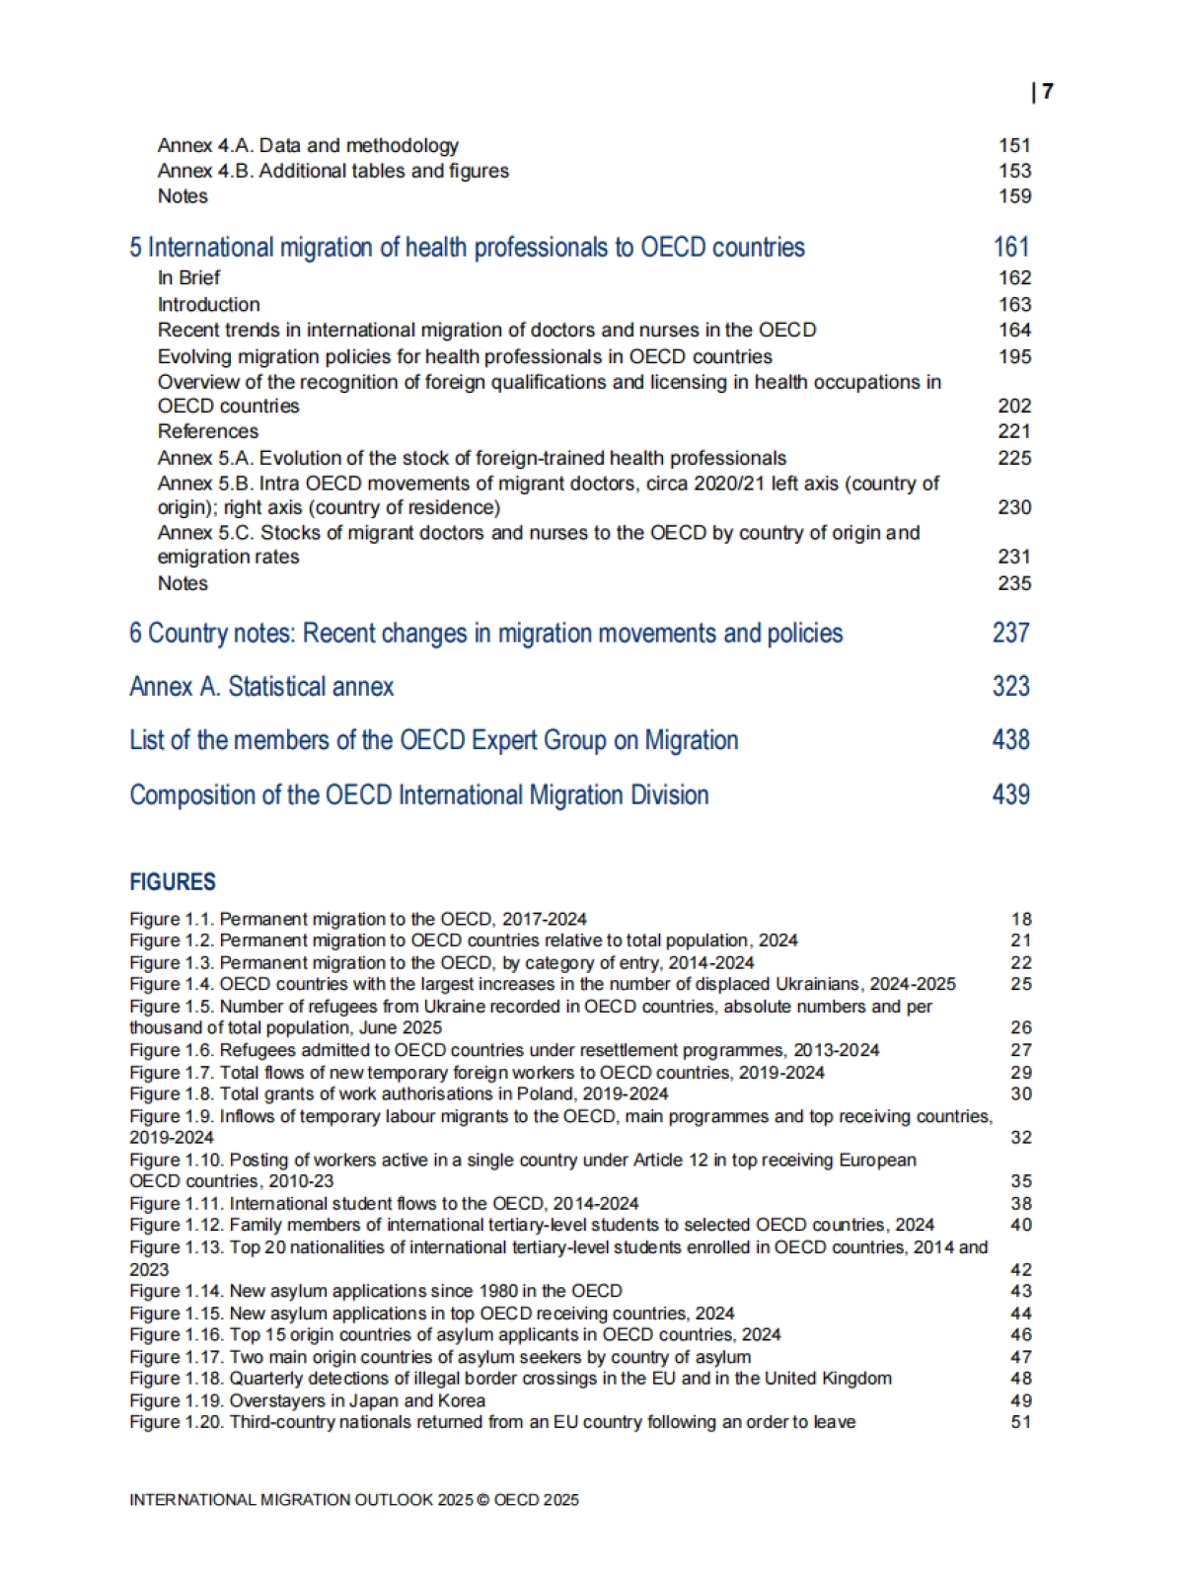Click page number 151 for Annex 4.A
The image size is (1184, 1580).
[1014, 145]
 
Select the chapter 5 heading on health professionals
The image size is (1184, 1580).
[467, 247]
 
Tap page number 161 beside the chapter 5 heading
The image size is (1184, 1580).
[1011, 247]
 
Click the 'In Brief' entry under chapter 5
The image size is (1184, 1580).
[188, 278]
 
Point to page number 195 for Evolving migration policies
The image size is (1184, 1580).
[1014, 356]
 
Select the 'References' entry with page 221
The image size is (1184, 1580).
[208, 431]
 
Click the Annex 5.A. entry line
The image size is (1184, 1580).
[472, 458]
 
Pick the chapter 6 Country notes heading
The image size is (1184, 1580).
[485, 633]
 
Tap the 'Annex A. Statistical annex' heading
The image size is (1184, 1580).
[261, 687]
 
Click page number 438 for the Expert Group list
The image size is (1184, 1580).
[1011, 740]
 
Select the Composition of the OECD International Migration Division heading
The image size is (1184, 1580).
[419, 794]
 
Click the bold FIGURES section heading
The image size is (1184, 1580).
[173, 882]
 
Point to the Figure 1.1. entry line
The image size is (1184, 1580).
[358, 919]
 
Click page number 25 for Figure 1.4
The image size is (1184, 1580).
[1021, 984]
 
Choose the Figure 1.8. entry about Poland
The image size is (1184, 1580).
[399, 1093]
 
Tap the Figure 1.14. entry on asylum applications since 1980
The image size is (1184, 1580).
[376, 1291]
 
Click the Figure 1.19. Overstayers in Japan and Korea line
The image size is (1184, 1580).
[307, 1400]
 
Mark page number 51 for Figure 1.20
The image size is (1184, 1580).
[1021, 1422]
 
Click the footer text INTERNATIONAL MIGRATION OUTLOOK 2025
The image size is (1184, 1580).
[353, 1500]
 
